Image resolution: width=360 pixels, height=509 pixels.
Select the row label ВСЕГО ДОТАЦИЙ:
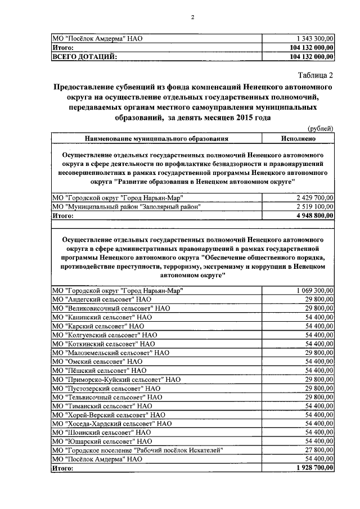point(84,56)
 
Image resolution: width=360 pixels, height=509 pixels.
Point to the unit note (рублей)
point(322,129)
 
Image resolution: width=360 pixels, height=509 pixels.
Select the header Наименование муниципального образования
point(157,138)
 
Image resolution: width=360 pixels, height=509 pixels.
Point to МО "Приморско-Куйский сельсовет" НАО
point(116,380)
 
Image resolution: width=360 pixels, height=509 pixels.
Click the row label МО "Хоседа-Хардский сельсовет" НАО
point(112,423)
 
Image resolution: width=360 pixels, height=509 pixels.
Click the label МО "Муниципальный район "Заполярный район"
point(127,206)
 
